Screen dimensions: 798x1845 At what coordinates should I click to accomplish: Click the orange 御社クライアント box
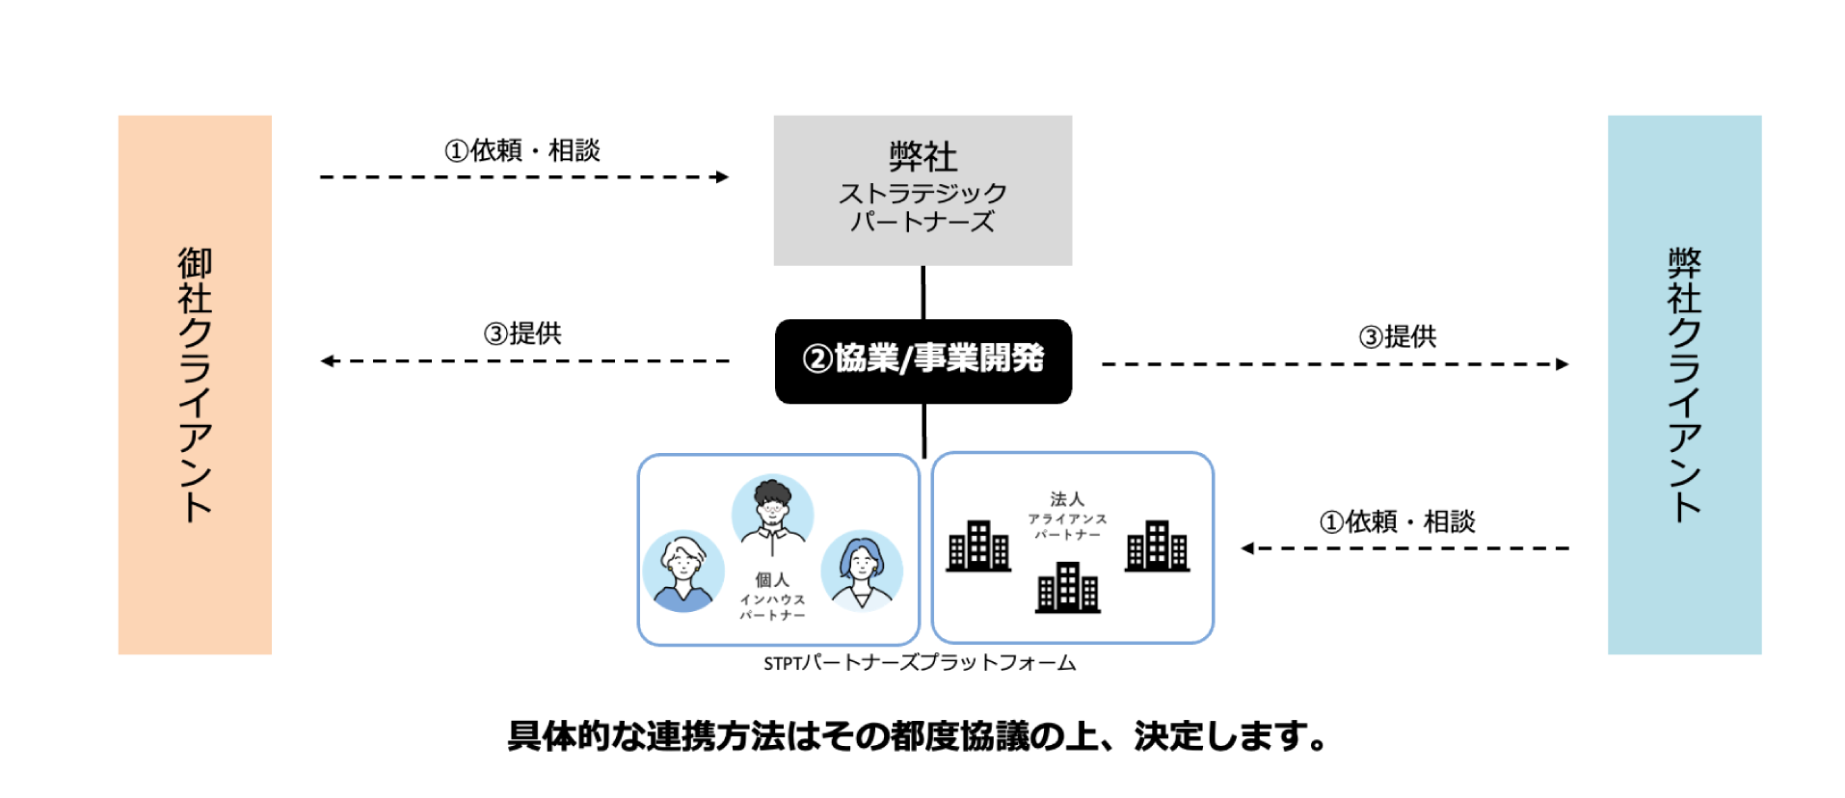(195, 385)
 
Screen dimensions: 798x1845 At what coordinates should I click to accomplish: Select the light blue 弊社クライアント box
(1683, 385)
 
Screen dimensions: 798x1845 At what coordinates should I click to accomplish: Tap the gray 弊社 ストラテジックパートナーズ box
(922, 190)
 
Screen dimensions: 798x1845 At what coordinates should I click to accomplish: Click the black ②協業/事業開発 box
(922, 360)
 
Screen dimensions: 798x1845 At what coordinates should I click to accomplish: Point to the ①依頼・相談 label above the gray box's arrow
(522, 150)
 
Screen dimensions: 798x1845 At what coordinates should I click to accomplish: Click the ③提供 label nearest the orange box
(522, 333)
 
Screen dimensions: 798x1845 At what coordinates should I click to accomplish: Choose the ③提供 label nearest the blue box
(1397, 336)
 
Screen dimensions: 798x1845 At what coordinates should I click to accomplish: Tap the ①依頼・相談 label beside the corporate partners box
(1397, 521)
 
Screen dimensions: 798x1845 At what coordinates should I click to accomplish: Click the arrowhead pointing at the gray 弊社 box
(722, 177)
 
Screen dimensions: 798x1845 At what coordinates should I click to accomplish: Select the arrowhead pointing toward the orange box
(328, 361)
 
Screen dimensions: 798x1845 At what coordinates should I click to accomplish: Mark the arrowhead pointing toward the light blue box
(1562, 364)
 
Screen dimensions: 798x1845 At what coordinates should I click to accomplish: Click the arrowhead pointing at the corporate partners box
(1248, 548)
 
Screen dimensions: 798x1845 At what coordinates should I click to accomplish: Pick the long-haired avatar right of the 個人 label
(862, 569)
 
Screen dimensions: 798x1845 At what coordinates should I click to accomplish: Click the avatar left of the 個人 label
(683, 571)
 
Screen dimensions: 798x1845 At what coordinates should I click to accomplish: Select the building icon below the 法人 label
(1067, 588)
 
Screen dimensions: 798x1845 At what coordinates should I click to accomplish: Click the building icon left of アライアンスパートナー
(978, 546)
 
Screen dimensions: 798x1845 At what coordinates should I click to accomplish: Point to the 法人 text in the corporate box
(1067, 499)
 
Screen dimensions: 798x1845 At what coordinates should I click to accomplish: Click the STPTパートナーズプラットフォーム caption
(920, 663)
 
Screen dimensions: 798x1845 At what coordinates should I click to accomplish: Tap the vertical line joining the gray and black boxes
(923, 292)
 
